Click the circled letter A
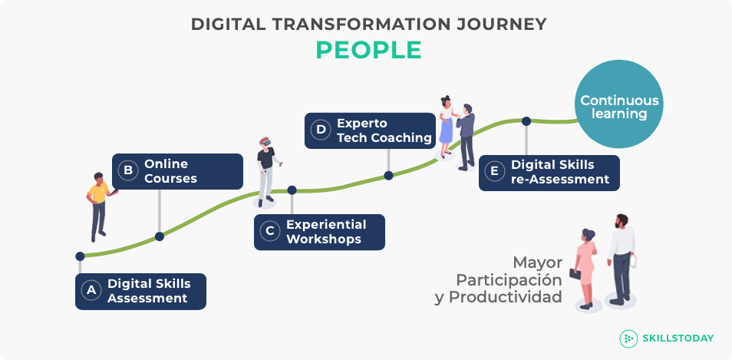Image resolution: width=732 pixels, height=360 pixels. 91,290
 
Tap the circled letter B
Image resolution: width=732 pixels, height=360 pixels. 128,171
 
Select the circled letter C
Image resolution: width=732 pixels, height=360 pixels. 270,232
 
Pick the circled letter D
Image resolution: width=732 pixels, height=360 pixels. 321,130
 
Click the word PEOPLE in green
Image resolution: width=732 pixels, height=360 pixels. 369,51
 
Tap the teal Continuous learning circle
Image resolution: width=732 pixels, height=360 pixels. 618,104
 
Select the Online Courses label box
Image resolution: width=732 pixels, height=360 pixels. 177,171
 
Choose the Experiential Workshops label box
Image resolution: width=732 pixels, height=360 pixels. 319,232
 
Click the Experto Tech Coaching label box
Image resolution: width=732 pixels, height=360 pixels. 370,130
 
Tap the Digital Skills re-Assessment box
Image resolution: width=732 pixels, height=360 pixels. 549,173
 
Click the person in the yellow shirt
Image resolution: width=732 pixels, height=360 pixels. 99,206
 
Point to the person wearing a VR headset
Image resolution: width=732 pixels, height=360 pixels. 266,172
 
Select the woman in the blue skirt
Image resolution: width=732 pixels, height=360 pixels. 447,126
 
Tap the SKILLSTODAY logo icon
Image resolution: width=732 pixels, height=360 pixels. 628,339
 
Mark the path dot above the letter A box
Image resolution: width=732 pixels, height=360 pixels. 80,256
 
